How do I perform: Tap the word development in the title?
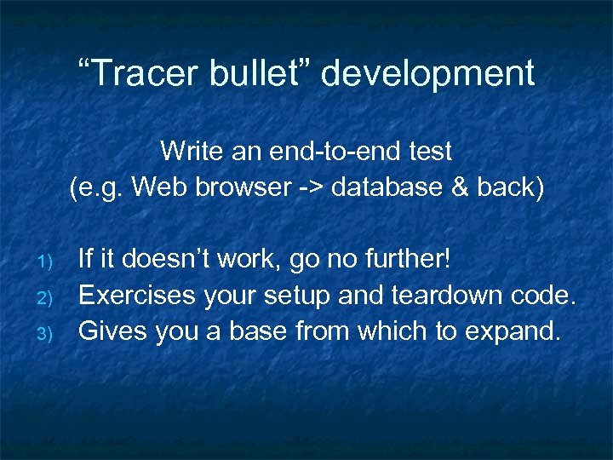(428, 75)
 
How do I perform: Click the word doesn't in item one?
(160, 259)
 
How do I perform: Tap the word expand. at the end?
(514, 332)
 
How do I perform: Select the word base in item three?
(261, 331)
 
